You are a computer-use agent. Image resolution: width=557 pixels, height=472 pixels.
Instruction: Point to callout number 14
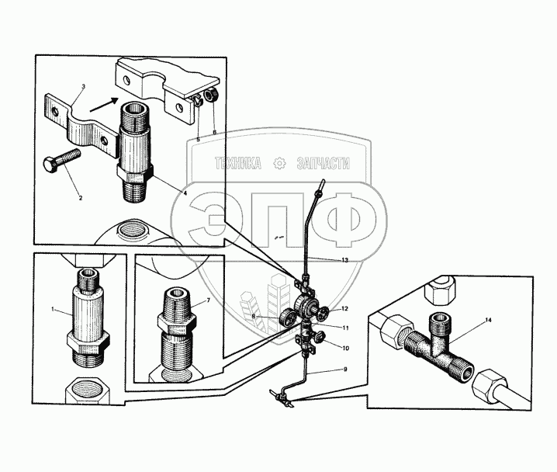click(489, 320)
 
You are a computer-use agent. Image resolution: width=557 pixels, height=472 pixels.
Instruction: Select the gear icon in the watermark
click(279, 163)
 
